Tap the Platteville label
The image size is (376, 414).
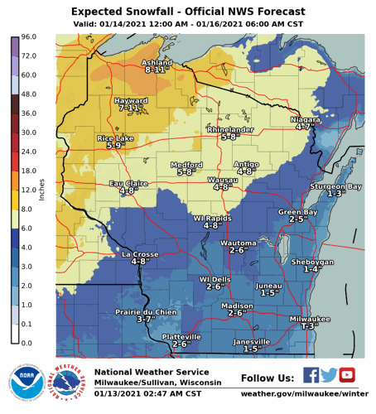(x=181, y=338)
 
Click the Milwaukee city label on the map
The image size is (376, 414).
(x=310, y=319)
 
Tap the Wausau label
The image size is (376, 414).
(x=221, y=179)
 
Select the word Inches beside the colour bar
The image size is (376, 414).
(x=42, y=190)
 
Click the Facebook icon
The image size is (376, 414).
(x=311, y=375)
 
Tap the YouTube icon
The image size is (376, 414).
(x=347, y=375)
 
